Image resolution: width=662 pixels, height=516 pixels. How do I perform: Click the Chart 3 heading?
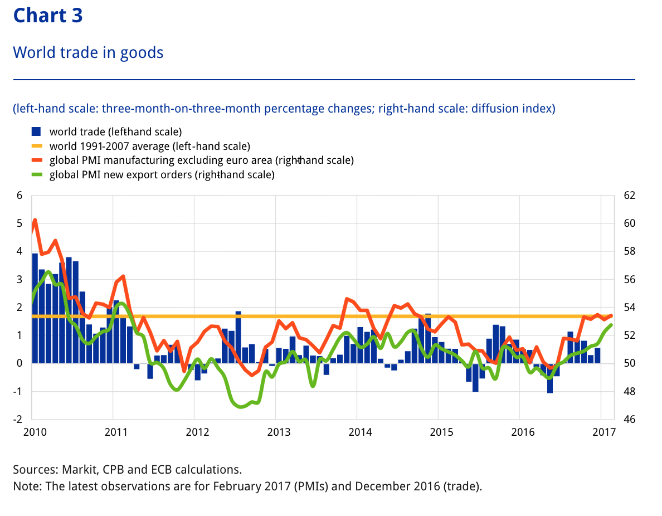48,15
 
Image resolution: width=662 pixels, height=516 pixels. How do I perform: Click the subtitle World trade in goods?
88,52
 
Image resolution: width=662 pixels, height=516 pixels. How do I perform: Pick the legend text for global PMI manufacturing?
201,160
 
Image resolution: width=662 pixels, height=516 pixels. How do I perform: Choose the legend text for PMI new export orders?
162,174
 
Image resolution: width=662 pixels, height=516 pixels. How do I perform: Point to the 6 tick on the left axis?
20,196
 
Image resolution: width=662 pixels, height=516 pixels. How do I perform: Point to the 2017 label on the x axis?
603,432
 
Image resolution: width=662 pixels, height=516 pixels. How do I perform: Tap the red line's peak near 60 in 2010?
35,220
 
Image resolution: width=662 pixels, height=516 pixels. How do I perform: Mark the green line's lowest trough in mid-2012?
241,407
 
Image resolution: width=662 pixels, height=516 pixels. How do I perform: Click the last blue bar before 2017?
597,356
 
